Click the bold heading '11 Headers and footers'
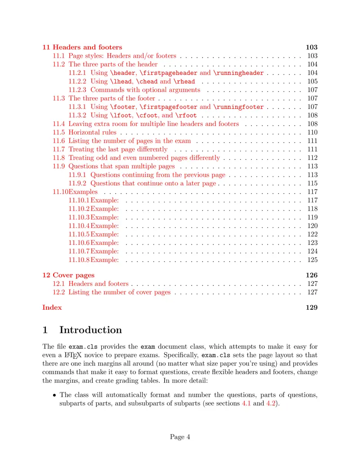point(82,47)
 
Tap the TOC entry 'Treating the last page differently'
point(118,149)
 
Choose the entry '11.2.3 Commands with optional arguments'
point(134,90)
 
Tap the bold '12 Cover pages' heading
point(68,275)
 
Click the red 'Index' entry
point(52,308)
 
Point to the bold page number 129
point(311,308)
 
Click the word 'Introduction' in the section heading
point(90,330)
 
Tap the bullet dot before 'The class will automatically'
point(54,395)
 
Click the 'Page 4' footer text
point(180,436)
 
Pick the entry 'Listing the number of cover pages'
point(119,292)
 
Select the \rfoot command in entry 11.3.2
point(188,116)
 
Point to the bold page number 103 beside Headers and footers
point(311,47)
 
